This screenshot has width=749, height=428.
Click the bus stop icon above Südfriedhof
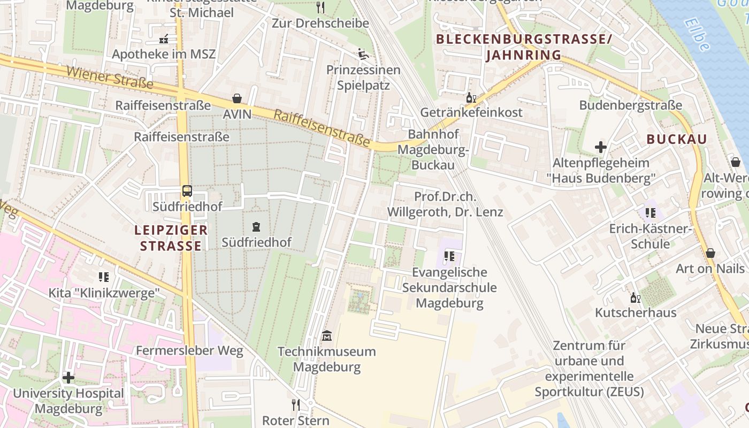point(187,191)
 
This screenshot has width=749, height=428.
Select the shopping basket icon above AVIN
point(236,98)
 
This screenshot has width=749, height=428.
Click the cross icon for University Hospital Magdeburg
point(68,378)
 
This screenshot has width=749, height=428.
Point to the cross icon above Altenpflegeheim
point(600,147)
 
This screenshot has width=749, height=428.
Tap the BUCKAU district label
point(676,139)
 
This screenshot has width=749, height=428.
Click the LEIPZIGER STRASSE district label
point(171,238)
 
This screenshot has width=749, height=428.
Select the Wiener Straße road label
point(110,78)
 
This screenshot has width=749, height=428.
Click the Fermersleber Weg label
point(189,351)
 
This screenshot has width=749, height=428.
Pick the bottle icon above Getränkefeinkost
point(471,97)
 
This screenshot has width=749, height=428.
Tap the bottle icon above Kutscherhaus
point(635,297)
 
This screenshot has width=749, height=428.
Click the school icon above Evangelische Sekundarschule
point(449,256)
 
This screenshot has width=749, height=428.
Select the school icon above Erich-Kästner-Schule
point(650,213)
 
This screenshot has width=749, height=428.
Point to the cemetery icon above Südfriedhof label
point(256,227)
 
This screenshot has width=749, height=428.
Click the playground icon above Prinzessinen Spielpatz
point(363,54)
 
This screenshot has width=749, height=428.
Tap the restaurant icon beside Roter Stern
point(295,404)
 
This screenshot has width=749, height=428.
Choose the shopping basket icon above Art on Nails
point(710,253)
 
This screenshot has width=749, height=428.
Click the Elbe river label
point(697,35)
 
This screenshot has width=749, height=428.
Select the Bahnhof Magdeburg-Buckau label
point(433,149)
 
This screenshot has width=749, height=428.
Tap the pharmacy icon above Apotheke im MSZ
point(164,39)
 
